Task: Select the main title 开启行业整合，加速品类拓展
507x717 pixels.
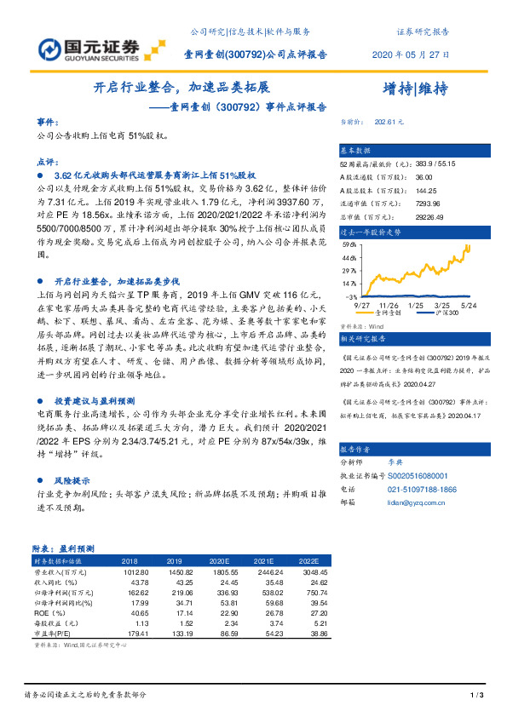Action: tap(181, 89)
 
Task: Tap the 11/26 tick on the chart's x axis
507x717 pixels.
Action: tap(388, 303)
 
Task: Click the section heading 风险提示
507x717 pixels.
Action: tap(72, 479)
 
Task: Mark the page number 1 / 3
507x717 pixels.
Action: tap(477, 697)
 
